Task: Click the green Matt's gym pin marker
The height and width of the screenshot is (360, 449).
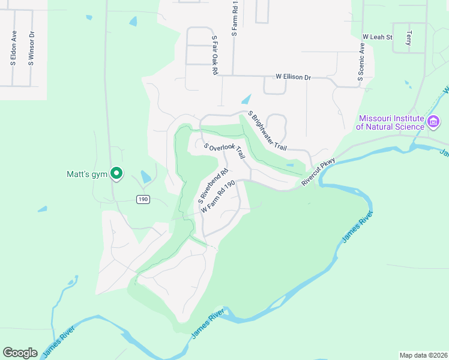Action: coord(117,174)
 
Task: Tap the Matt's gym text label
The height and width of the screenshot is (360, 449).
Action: coord(86,175)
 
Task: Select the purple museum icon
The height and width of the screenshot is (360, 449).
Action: coord(433,122)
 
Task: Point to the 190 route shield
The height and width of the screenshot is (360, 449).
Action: coord(142,199)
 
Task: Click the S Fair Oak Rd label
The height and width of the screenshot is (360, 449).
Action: coord(214,55)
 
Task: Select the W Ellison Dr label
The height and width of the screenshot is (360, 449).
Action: coord(293,77)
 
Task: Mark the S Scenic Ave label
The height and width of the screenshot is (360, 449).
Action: coord(361,62)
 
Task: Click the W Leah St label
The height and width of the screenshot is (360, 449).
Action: coord(377,37)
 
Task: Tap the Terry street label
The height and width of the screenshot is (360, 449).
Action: coord(409,38)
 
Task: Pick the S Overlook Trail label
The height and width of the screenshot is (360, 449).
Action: coord(224,151)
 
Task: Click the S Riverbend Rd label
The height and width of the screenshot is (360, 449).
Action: coord(214,184)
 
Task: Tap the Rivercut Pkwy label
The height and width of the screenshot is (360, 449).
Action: coord(318,172)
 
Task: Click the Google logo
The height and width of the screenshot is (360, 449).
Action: coord(20,353)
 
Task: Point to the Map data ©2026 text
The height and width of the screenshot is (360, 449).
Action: coord(423,355)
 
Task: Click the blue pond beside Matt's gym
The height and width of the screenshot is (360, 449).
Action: coord(145,177)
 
